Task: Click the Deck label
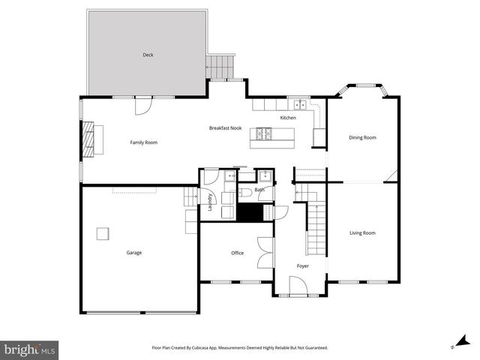tap(148, 55)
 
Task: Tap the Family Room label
tap(143, 142)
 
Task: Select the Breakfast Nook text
tap(225, 128)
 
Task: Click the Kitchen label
tap(288, 118)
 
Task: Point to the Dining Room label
tap(362, 137)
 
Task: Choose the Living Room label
tap(362, 233)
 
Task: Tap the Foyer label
tap(302, 266)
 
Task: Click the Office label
tap(237, 253)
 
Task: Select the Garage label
tap(134, 253)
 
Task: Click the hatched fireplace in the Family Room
tap(89, 139)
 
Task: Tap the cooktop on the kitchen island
tap(265, 134)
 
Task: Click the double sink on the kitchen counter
tap(300, 104)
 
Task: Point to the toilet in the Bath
tap(245, 193)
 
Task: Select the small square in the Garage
tap(102, 233)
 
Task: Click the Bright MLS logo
tap(30, 349)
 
